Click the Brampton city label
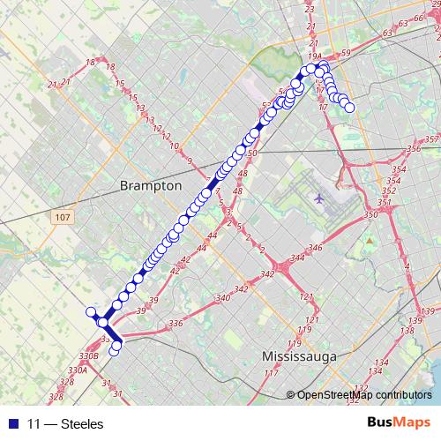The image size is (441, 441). tap(150, 186)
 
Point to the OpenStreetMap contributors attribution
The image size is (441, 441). tap(363, 394)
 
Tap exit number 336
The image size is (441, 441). tap(175, 323)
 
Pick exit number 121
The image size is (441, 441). tap(307, 295)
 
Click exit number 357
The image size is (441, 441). tap(431, 139)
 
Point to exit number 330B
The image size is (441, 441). tap(87, 355)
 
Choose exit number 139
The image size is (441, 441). tap(429, 311)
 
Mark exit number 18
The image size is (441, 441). tap(90, 62)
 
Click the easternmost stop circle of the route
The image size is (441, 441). tap(349, 108)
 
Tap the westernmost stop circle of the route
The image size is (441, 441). tap(90, 311)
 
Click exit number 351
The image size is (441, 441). tap(383, 203)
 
